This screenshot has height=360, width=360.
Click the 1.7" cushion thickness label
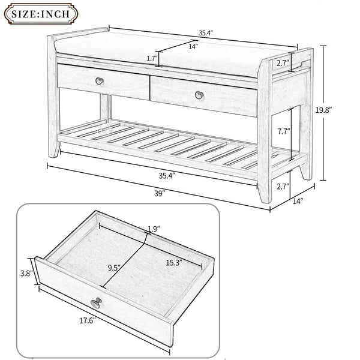tap(151, 58)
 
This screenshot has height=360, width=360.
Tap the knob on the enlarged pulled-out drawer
tap(96, 303)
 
